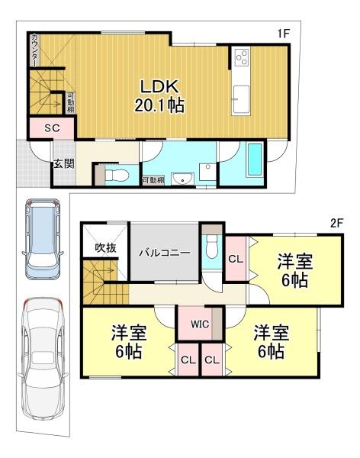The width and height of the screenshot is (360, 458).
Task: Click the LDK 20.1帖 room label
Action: tap(159, 96)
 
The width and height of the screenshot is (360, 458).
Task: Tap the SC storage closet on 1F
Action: tap(52, 128)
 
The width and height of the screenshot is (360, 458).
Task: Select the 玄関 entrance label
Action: tap(63, 164)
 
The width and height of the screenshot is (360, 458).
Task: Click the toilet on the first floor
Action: tap(117, 176)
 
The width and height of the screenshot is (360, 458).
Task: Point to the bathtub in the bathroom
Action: tap(254, 160)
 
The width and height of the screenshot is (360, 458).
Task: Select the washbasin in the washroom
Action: tap(182, 179)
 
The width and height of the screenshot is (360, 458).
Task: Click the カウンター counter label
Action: tap(34, 50)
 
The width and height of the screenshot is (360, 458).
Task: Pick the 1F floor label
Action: tap(283, 34)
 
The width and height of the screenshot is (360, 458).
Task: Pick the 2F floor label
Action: tap(336, 224)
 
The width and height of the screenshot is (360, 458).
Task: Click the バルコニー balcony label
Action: tap(165, 253)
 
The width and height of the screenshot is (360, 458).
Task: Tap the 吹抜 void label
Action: tap(106, 247)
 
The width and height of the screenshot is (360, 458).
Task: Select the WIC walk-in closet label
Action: tap(200, 324)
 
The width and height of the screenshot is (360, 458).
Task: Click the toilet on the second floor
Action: tap(212, 247)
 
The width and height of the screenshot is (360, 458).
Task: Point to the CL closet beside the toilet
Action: tap(236, 259)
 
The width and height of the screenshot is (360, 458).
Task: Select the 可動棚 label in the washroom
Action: tap(153, 180)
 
